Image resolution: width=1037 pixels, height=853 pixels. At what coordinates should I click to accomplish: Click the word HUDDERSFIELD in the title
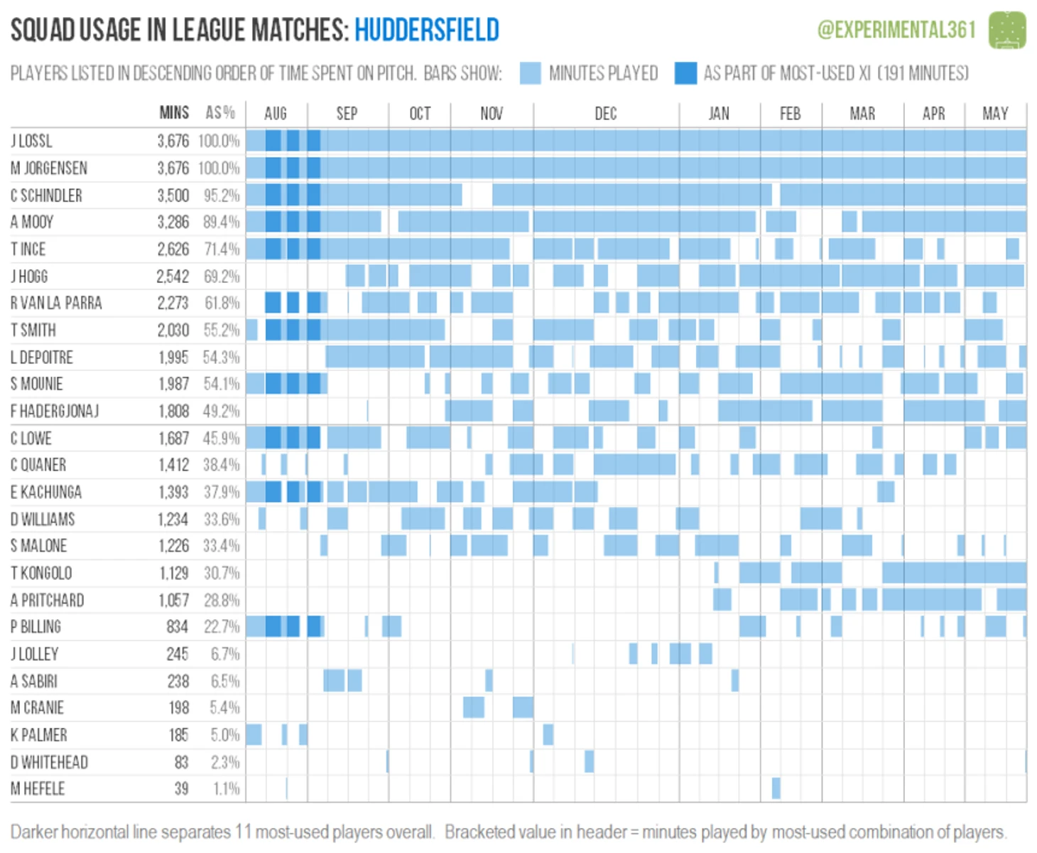pos(427,31)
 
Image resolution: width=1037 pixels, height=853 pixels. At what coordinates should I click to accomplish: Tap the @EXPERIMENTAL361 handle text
pos(896,30)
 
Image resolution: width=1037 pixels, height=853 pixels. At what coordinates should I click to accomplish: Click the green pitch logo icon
pos(1007,30)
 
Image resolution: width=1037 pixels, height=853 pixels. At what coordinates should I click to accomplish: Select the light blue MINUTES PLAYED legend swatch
pos(530,73)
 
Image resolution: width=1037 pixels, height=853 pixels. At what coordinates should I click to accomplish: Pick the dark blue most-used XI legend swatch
pos(685,73)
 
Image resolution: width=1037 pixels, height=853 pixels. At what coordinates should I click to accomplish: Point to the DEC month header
pos(605,114)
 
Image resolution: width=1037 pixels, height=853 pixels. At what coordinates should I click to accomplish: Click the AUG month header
pos(276,114)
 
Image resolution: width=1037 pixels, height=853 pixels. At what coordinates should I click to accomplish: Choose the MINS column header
pos(174,113)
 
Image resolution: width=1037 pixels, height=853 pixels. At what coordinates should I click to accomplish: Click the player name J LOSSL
pos(31,141)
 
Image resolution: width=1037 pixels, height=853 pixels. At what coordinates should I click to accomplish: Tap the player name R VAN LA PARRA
pos(56,304)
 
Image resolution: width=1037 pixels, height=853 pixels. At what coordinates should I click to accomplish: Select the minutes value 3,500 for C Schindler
pos(173,195)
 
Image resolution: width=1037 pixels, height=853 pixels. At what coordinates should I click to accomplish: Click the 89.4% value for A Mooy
pos(221,222)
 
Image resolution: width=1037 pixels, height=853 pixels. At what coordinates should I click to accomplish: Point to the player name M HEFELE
pos(38,789)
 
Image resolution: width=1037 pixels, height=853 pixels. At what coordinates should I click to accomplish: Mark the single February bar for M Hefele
pos(776,788)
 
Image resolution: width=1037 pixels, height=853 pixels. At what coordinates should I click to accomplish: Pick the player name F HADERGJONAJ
pos(55,412)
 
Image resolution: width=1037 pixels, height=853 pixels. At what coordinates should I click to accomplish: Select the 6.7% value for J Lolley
pos(224,654)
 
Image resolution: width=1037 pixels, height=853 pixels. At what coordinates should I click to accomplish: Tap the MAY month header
pos(995,114)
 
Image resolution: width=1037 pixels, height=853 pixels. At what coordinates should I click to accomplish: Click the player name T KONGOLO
pos(41,573)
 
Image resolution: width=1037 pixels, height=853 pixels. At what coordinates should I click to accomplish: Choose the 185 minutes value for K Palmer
pos(178,735)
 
